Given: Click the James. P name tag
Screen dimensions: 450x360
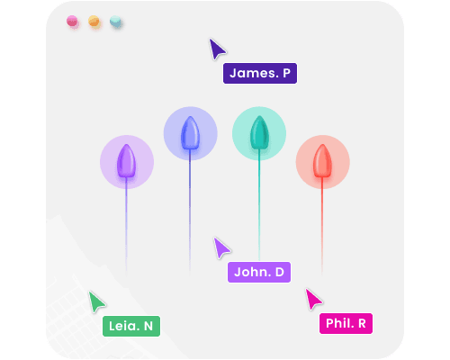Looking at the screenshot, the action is (260, 73).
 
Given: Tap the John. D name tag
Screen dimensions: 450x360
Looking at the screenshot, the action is (259, 272).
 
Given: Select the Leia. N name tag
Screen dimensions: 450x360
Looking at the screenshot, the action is (131, 326).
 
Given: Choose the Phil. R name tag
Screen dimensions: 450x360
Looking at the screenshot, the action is (346, 323).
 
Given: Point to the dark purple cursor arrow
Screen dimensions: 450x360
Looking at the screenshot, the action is (216, 49).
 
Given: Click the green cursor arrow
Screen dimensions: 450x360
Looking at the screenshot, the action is (96, 301).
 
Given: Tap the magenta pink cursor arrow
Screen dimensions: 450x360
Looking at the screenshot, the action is (312, 299).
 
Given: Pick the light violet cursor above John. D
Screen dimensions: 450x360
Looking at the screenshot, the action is (220, 247).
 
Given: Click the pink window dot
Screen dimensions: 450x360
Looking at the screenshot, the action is (72, 22).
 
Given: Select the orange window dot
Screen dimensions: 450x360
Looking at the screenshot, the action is (94, 22).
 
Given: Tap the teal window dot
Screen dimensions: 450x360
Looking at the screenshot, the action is (115, 22).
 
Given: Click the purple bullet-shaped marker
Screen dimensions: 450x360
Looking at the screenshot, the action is (126, 161).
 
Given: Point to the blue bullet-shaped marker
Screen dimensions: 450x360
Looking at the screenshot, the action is (190, 132).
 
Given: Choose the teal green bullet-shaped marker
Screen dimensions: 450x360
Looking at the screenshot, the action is (259, 132).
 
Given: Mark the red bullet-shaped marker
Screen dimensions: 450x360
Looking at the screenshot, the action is (322, 161).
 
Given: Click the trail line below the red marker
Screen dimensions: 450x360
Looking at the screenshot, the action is (322, 226).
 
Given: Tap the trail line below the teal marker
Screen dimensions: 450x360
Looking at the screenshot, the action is (259, 205).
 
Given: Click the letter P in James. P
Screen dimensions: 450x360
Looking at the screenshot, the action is (286, 73).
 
